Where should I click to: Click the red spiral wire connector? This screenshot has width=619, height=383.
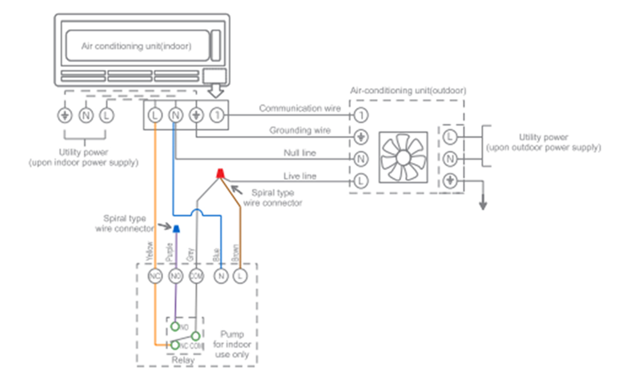[220, 173]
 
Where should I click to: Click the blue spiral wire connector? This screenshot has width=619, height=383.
[176, 228]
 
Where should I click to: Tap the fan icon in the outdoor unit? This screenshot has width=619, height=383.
[403, 158]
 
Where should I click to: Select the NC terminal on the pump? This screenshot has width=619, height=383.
[155, 276]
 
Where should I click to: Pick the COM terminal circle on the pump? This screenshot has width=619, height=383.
[197, 276]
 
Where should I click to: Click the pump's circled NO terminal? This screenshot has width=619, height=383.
[176, 276]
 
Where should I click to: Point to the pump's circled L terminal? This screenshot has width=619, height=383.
[239, 276]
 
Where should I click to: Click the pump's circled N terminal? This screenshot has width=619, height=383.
[220, 276]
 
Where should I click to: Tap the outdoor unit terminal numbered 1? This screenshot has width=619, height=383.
[361, 116]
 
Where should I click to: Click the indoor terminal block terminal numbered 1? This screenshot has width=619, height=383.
[218, 116]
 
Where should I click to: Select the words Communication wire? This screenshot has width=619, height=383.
[299, 109]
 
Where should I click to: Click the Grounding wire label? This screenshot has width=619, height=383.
[299, 131]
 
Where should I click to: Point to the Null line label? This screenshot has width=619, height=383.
[299, 153]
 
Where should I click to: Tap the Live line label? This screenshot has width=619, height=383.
[299, 176]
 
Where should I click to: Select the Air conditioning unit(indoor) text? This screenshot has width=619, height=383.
[137, 47]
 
